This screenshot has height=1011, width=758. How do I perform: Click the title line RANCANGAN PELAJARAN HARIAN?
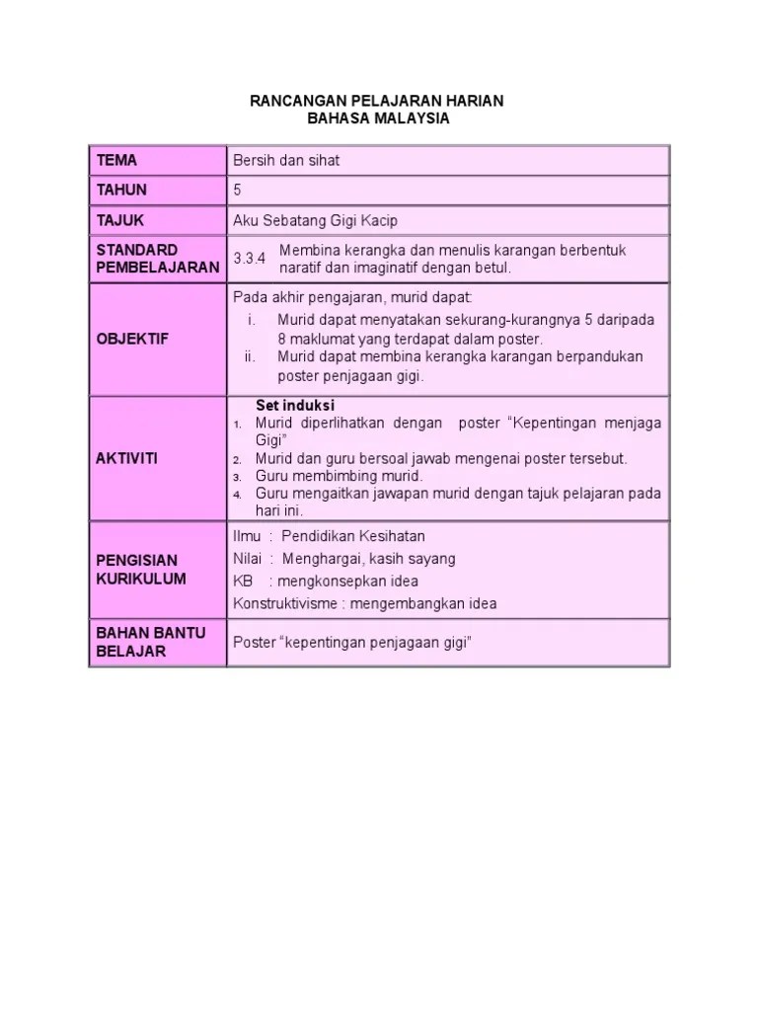(378, 101)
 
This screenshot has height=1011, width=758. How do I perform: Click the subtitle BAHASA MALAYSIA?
(378, 118)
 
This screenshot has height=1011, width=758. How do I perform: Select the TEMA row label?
(116, 160)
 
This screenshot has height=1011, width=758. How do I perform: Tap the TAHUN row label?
(121, 191)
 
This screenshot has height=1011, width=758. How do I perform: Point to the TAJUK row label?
(120, 220)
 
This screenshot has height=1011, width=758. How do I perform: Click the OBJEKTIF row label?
(132, 339)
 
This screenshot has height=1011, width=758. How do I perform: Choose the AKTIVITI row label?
(126, 459)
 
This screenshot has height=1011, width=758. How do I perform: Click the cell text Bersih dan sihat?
(286, 160)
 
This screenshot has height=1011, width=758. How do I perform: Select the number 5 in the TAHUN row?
(237, 191)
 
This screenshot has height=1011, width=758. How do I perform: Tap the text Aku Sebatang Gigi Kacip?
(315, 220)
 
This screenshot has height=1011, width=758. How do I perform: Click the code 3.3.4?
(250, 259)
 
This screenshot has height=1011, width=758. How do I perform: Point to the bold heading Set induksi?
(295, 406)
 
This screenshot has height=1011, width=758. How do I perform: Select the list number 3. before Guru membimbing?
(238, 477)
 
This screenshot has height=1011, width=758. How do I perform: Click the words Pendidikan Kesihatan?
(352, 536)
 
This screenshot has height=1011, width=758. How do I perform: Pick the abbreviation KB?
(243, 581)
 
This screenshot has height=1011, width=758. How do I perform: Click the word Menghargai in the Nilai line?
(320, 559)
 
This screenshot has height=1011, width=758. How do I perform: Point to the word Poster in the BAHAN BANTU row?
(255, 643)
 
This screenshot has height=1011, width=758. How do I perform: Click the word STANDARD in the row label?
(136, 250)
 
